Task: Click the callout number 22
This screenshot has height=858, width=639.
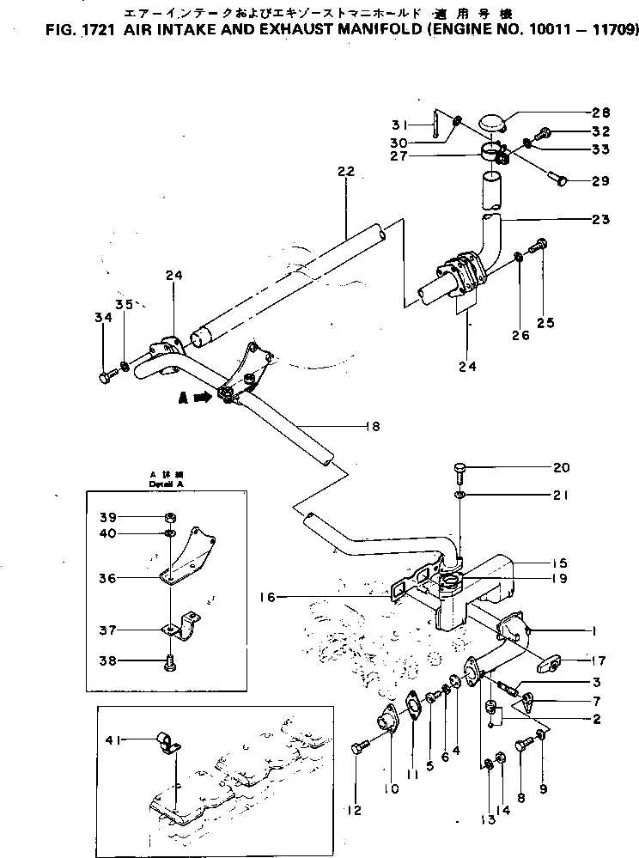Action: click(x=345, y=173)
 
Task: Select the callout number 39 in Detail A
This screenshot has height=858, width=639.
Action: click(x=109, y=517)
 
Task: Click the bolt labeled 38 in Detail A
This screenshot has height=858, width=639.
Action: click(x=169, y=661)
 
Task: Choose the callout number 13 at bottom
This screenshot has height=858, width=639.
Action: click(x=488, y=818)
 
